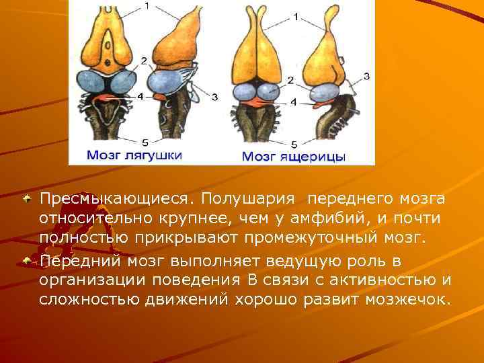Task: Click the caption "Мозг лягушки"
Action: click(x=134, y=155)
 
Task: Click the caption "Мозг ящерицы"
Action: click(x=293, y=157)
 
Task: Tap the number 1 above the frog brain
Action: click(x=147, y=7)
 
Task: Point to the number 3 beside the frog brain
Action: click(x=214, y=97)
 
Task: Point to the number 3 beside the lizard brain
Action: click(x=366, y=76)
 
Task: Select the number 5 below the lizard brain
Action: click(x=294, y=143)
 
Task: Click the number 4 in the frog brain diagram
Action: click(x=140, y=96)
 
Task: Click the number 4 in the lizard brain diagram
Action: click(x=293, y=103)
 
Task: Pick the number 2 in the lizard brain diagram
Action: click(x=290, y=80)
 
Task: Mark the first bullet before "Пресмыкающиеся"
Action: click(x=28, y=199)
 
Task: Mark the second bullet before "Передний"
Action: click(x=28, y=259)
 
